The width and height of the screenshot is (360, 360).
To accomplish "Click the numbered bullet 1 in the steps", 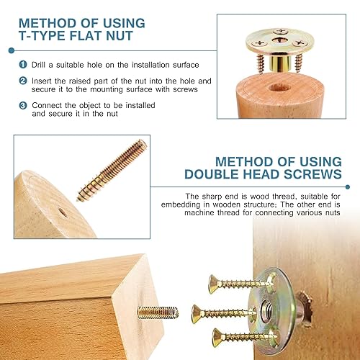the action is pos(23,65).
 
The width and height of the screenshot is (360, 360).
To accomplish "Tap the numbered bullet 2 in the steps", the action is pos(23,81).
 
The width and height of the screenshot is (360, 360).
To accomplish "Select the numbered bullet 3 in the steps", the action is pos(23,105).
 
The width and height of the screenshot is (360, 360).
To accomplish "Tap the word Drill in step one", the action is pos(38,65).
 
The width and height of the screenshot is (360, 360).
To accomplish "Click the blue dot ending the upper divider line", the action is pos(11,50).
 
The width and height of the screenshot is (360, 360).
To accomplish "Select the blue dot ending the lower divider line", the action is pos(348,186).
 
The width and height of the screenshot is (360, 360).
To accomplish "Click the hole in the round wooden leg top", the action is pos(279,87).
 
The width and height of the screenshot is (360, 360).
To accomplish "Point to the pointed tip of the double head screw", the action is pos(78,199).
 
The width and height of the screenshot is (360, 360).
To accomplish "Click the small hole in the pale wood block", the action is pos(63,212).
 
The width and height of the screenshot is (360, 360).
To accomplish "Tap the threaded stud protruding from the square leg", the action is pos(158,312).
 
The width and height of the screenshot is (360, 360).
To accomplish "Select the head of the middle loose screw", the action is pos(196,314).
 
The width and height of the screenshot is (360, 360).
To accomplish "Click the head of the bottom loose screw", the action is pos(217,338).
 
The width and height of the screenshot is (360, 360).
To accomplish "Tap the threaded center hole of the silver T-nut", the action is pos(267,310).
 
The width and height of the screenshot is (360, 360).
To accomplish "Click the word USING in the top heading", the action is pos(124,23).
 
